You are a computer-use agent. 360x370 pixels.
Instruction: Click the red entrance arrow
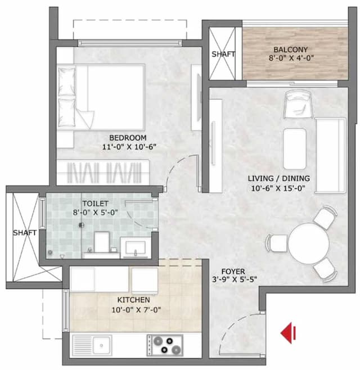[289, 333]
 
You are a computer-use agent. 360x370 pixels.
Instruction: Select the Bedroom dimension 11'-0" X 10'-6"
[128, 147]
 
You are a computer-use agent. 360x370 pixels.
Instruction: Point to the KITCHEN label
[133, 300]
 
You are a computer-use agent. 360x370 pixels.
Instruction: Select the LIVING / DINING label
[279, 179]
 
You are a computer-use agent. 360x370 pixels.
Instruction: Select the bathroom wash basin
[134, 247]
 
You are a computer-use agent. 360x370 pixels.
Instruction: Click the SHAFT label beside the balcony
[223, 55]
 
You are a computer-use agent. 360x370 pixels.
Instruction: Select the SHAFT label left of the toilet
[24, 232]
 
